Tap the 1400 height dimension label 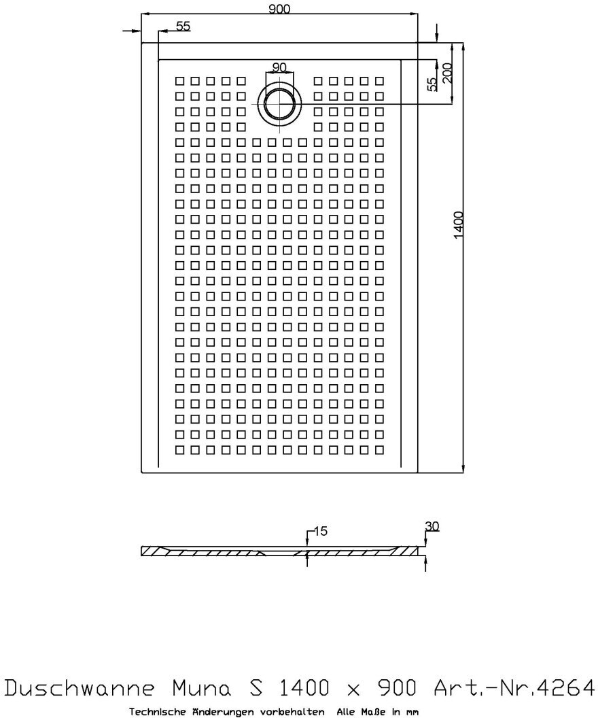(458, 224)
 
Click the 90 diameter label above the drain (279, 67)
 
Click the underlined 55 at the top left (183, 26)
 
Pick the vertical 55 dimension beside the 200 (432, 84)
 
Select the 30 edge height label (431, 526)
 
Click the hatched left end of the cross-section (152, 551)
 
